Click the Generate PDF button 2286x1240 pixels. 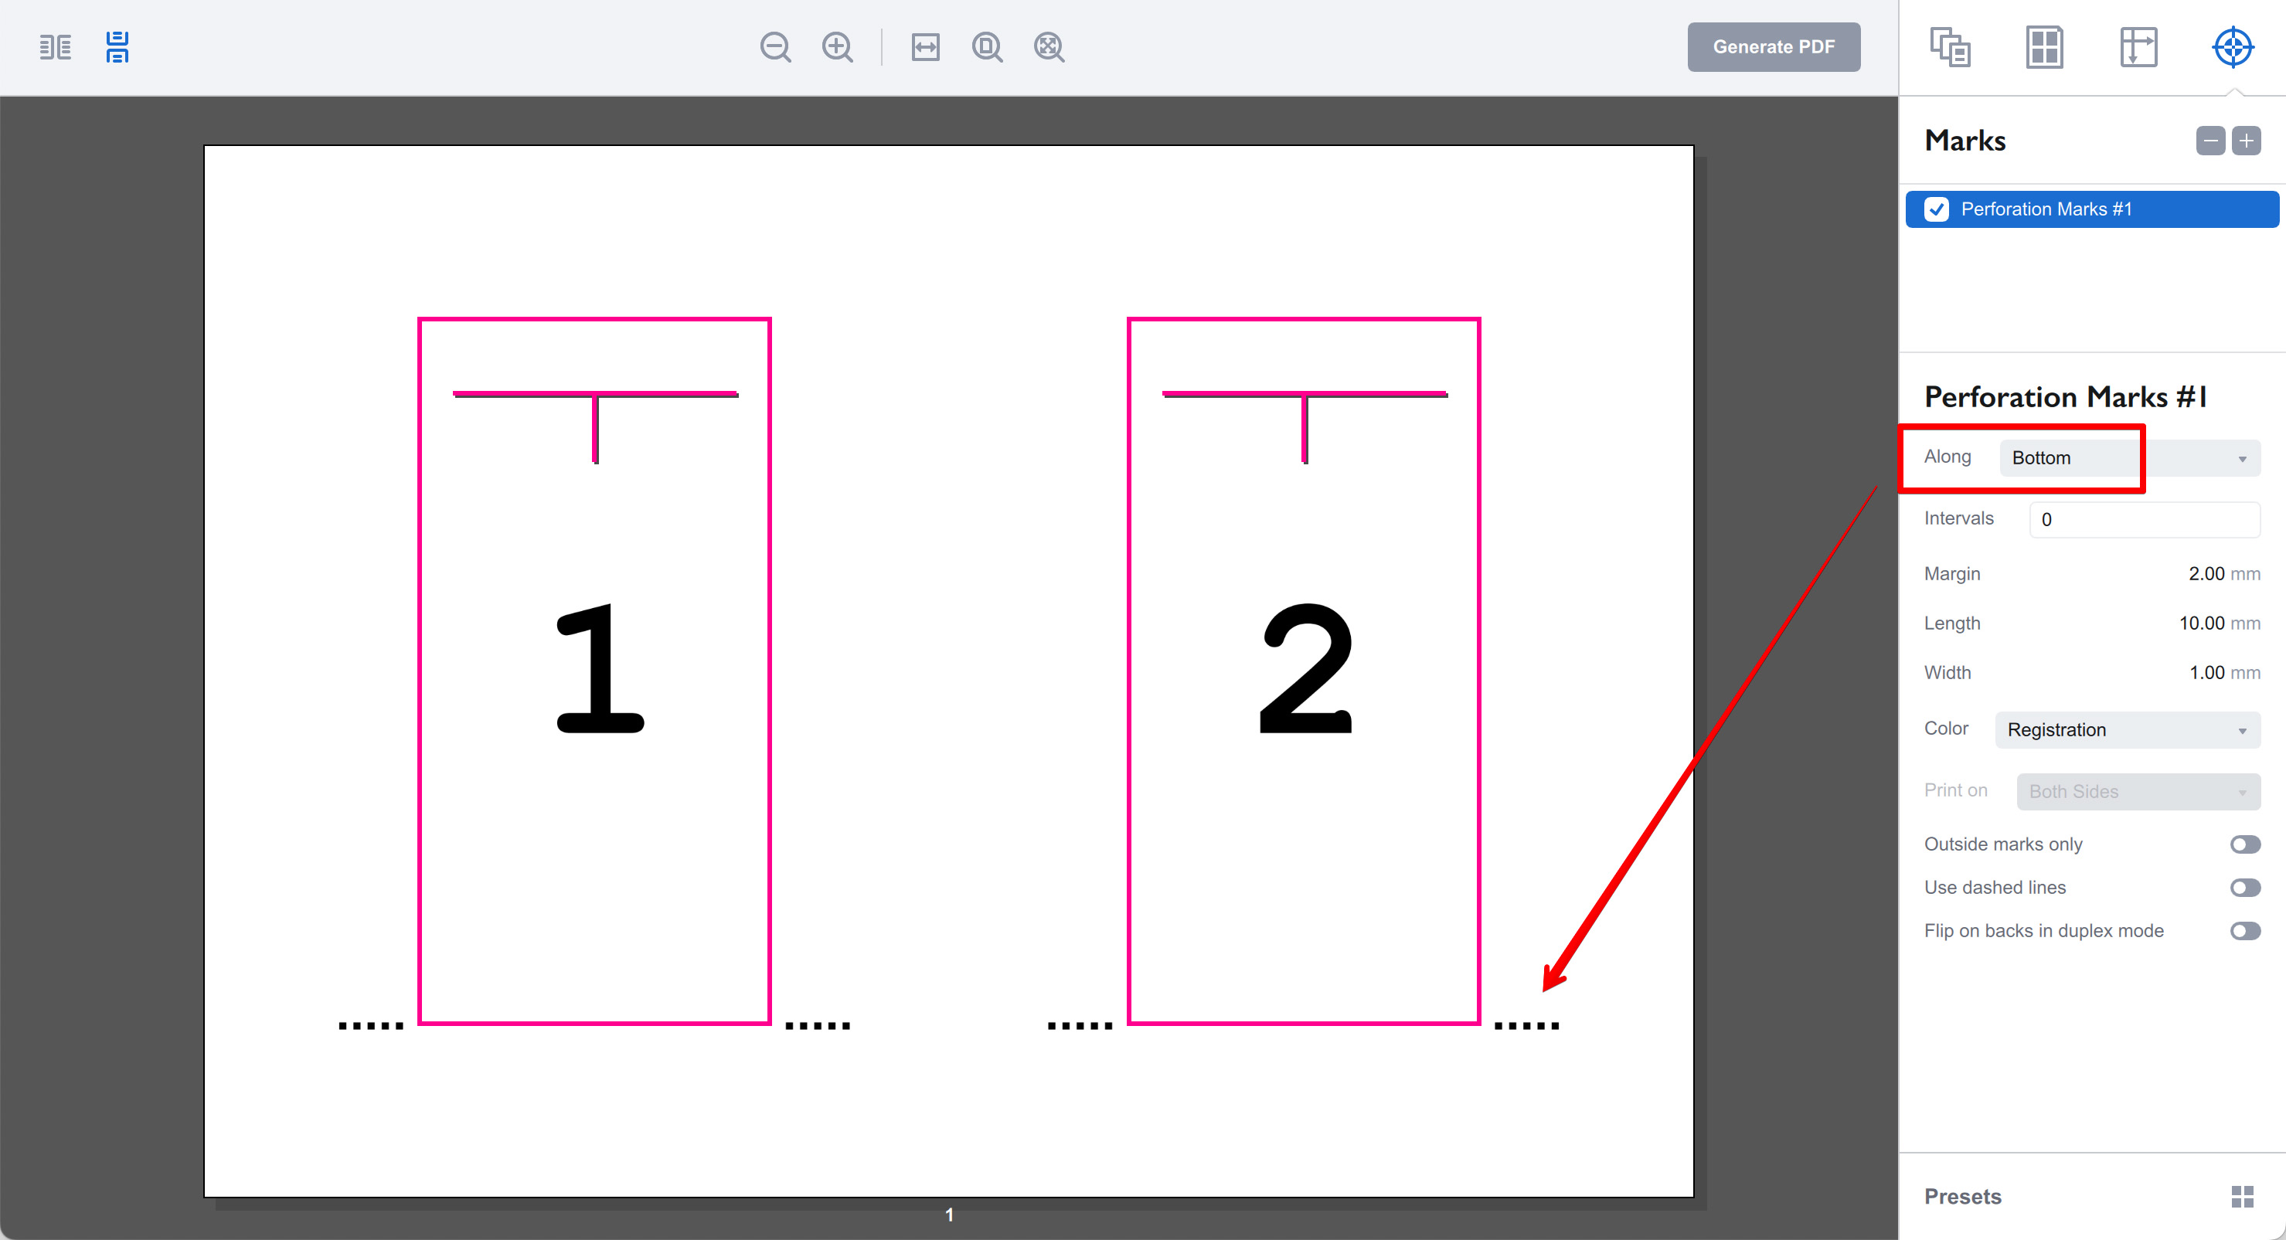(1773, 47)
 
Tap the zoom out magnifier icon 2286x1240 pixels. (774, 47)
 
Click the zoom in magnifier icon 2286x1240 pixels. (837, 47)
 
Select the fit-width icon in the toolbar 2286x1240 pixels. (925, 47)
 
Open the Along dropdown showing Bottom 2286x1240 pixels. (2128, 457)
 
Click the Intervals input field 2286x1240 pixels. (2143, 520)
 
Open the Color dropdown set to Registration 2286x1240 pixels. (2126, 730)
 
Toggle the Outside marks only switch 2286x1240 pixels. (2244, 844)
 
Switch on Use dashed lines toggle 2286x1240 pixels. (2244, 888)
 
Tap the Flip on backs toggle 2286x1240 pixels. (2244, 931)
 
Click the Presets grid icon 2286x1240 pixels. (2242, 1197)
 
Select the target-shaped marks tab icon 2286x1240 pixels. (2232, 47)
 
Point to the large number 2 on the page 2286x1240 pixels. (1305, 669)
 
